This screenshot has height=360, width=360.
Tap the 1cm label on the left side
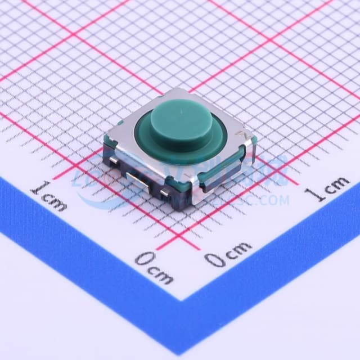tap(49, 195)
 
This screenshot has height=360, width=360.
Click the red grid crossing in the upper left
tap(73, 36)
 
